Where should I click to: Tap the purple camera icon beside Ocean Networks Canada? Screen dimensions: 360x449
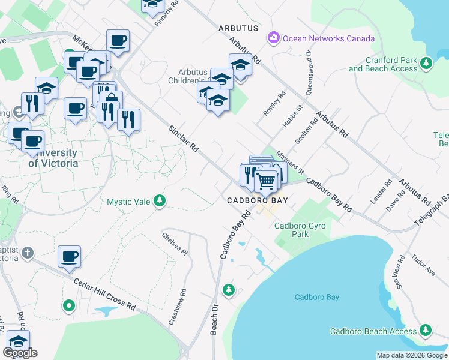point(274,38)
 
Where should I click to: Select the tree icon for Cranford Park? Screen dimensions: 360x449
point(427,63)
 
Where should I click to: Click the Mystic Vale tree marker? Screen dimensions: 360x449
point(159,200)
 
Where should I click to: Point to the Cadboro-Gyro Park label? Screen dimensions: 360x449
point(292,230)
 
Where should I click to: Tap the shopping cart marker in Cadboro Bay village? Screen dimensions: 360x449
point(265,181)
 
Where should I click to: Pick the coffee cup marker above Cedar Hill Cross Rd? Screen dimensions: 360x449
point(69,256)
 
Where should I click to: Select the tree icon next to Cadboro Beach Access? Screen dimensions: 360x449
point(426,330)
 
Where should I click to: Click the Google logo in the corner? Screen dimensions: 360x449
point(20,353)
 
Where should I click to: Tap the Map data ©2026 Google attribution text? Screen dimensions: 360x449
point(411,355)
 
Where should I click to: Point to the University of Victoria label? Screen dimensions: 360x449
point(53,158)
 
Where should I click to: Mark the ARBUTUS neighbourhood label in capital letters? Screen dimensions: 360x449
point(238,28)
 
